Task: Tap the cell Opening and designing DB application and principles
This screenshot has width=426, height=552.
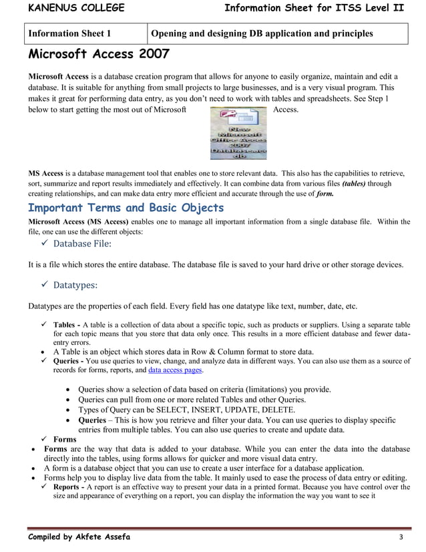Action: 262,33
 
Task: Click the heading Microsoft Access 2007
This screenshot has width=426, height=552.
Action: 98,53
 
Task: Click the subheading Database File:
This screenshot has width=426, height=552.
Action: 82,244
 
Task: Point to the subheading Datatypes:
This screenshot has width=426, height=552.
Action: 75,285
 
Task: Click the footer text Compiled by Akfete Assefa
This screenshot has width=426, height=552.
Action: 79,537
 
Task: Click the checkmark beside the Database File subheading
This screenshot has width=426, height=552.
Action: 45,244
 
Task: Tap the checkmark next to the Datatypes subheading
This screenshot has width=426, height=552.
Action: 45,285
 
